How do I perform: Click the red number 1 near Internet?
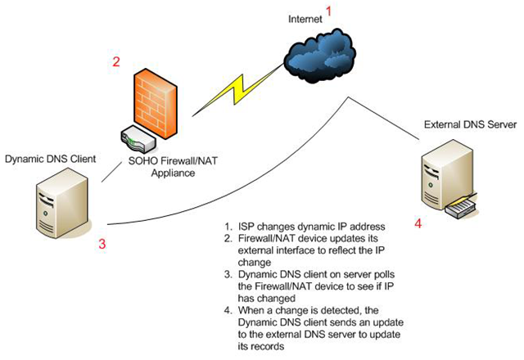[x=330, y=11]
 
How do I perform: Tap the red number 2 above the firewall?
[x=117, y=61]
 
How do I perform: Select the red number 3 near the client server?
[x=102, y=243]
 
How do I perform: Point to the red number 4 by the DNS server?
[x=418, y=223]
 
